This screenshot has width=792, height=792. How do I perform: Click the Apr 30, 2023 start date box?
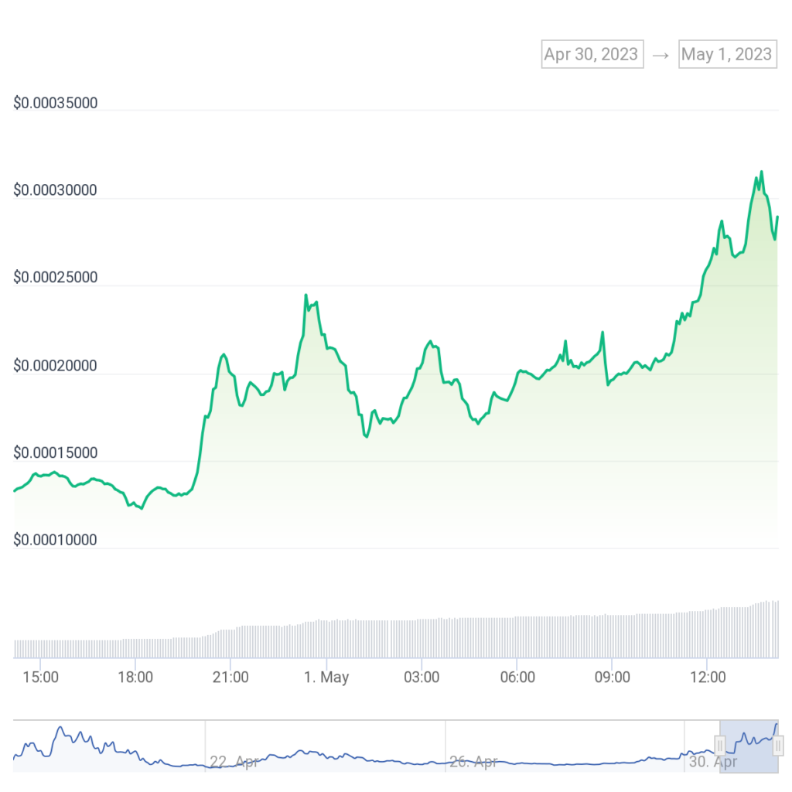point(592,54)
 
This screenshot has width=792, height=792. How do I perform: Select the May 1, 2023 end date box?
point(726,54)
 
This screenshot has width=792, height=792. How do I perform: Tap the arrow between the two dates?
point(661,55)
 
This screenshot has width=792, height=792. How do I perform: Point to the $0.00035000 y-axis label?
point(56,103)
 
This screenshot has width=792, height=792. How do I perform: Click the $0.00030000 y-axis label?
point(56,190)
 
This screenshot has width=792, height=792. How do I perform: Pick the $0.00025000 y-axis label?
point(56,278)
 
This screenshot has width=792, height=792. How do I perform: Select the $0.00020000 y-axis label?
point(56,365)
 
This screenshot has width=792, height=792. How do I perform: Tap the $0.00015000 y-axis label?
point(56,452)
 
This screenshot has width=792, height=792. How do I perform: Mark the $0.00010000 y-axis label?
point(56,540)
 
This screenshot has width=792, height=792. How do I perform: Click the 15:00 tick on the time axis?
point(40,678)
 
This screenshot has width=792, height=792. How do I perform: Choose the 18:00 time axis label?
point(135,678)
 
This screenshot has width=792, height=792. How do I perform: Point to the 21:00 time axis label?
point(230,678)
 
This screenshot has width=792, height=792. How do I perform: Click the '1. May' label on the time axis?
point(326,678)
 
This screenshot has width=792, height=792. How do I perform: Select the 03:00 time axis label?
point(422,678)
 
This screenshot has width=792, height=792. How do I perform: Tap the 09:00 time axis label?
point(612,678)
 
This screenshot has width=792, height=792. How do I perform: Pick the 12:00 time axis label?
point(708,678)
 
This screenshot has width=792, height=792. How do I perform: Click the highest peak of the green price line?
point(761,172)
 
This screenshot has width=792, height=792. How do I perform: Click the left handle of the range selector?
point(720,746)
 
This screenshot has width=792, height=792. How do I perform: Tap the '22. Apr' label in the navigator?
point(234,762)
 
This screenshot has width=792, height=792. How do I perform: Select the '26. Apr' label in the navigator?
point(473,762)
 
